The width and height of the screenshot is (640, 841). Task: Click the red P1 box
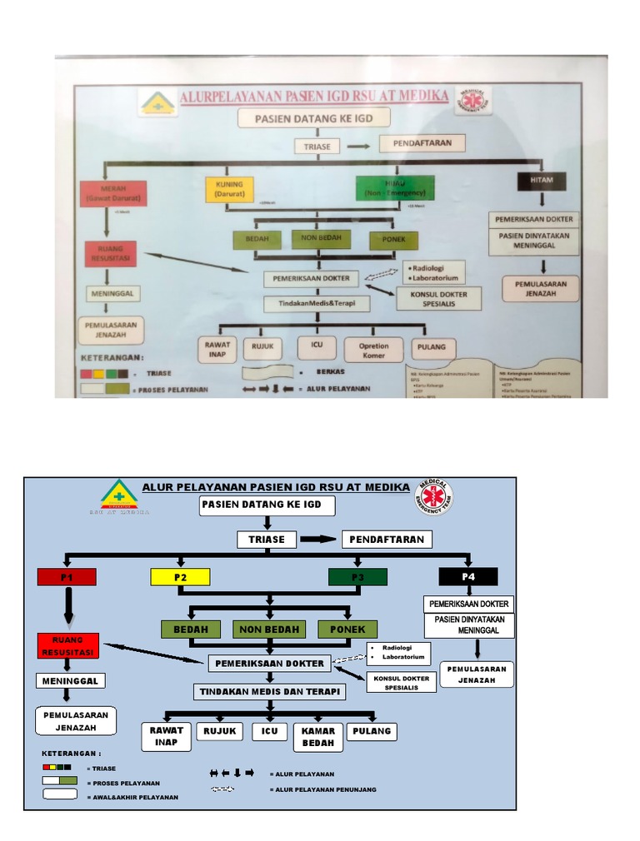coord(67,577)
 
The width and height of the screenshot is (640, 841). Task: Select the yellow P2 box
coord(180,577)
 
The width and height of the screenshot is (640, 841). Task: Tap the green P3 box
coord(357,577)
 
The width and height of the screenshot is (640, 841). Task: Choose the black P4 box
coord(468,576)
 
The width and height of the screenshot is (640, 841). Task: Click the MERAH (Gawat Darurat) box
coord(113,192)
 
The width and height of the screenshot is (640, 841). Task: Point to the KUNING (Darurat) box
coord(228,189)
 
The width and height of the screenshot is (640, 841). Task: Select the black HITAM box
coord(541,180)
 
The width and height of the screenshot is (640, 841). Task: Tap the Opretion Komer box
coord(373,350)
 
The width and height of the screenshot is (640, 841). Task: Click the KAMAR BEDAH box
coord(318,737)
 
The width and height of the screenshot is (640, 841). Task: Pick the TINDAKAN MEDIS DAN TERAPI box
coord(269,692)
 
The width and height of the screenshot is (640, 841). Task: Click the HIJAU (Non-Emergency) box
coord(389,188)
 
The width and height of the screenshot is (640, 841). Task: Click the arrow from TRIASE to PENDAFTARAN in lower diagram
coord(317,540)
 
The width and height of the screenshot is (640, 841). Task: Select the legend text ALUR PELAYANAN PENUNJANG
coord(322,789)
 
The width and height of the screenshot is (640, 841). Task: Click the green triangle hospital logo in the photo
coord(157,102)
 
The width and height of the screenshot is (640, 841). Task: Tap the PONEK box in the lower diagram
coord(347,630)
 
